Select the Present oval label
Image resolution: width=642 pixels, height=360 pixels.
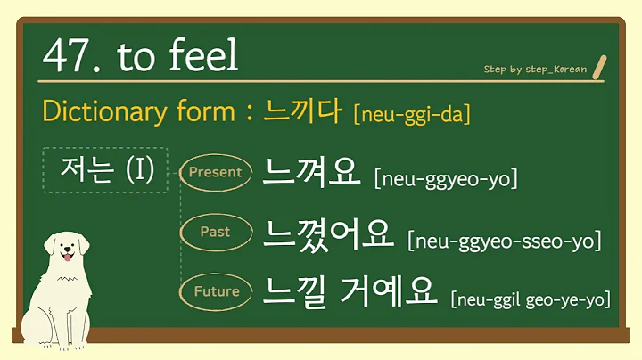(x=216, y=172)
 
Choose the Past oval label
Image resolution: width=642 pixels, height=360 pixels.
(x=215, y=232)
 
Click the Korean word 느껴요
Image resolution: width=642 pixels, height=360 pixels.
(x=310, y=171)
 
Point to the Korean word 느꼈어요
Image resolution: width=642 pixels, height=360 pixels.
(x=328, y=233)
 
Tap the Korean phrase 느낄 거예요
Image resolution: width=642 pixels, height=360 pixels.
(x=350, y=290)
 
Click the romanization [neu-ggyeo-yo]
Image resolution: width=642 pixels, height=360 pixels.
(x=446, y=178)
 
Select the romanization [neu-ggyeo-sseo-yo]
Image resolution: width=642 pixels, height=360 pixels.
(x=504, y=240)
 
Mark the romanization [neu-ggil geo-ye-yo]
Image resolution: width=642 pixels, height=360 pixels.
(x=531, y=299)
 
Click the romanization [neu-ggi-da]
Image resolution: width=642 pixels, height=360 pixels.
(x=412, y=115)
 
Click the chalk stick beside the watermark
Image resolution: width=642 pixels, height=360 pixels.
(x=599, y=65)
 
